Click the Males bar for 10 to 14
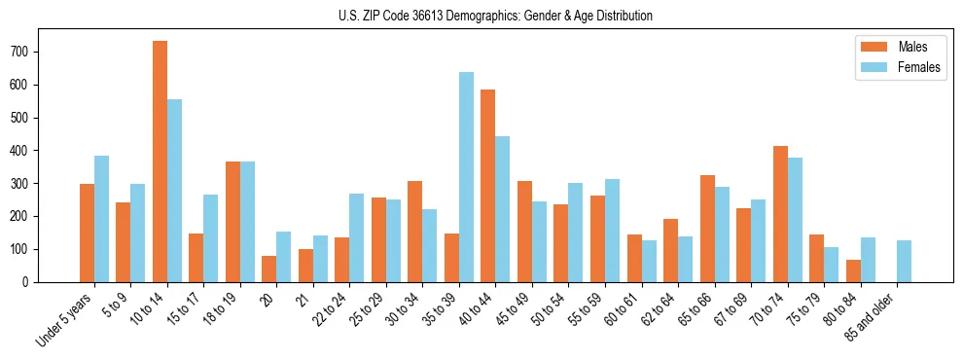160,162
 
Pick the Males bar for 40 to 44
487,186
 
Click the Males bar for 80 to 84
853,270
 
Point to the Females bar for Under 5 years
101,219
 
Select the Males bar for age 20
268,269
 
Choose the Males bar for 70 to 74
780,214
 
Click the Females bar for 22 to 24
356,237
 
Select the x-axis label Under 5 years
66,318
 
